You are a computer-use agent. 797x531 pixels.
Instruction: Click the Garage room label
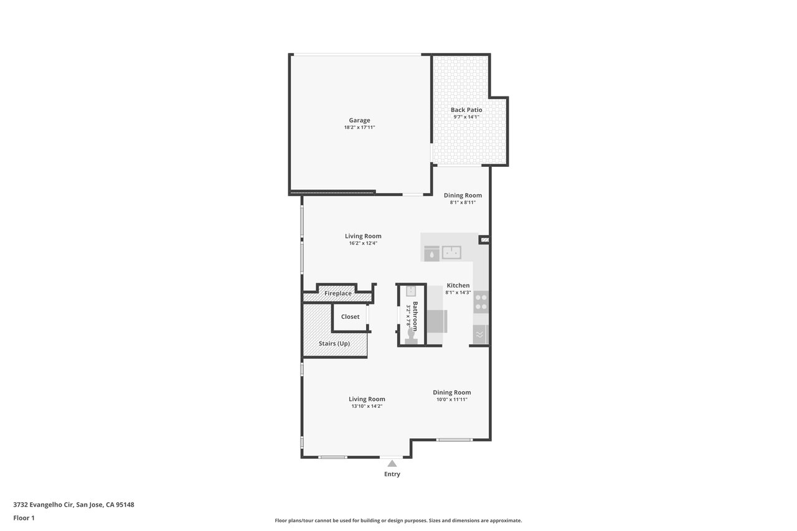coord(359,120)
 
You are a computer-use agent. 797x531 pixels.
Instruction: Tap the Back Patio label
coord(466,110)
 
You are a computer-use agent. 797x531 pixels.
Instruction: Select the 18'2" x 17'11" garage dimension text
coord(359,128)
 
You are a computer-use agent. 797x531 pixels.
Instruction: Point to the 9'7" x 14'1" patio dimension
coord(466,116)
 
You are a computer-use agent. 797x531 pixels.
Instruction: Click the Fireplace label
coord(337,293)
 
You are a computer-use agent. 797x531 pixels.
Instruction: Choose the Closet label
coord(350,316)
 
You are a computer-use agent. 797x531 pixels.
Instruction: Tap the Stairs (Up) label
coord(334,344)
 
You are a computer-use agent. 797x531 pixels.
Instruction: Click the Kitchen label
coord(458,285)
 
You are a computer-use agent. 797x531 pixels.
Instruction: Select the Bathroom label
coord(415,316)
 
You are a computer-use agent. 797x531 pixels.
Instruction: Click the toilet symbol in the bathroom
coord(412,336)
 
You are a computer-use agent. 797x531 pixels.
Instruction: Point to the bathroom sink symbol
coord(411,291)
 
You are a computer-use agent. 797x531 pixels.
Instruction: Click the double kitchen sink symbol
coord(451,253)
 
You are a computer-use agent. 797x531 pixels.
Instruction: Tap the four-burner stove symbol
coord(481,302)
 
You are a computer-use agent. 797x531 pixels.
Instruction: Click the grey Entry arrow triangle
coord(392,463)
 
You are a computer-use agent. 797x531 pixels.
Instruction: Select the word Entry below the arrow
coord(392,474)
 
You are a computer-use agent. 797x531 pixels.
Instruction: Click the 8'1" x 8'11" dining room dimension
coord(463,202)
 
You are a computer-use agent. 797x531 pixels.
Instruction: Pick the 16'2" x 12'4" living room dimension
coord(363,243)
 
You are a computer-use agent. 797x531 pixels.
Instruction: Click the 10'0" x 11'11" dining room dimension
coord(452,400)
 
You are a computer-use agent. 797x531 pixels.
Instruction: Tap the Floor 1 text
coord(24,518)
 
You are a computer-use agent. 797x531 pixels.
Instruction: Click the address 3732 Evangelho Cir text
coord(43,505)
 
